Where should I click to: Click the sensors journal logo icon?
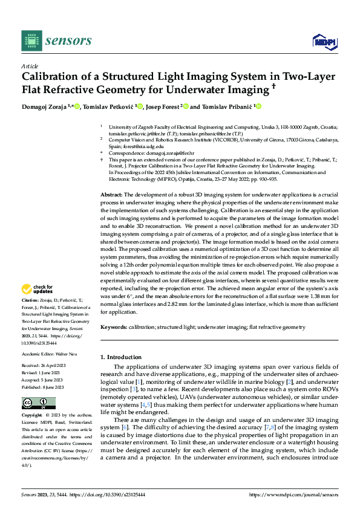[x=31, y=41]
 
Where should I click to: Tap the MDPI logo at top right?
[x=321, y=41]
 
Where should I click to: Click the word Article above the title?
[x=30, y=65]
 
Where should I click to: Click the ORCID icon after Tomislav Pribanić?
[x=258, y=107]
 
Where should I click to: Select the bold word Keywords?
[x=114, y=327]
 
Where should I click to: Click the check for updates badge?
[x=38, y=290]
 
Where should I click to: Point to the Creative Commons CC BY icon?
[x=39, y=403]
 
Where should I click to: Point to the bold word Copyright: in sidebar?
[x=33, y=416]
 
